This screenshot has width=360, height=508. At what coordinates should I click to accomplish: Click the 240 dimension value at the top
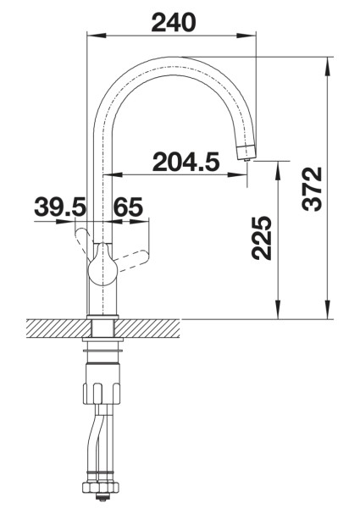[x=173, y=22]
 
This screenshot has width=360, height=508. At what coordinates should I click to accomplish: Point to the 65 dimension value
[x=127, y=207]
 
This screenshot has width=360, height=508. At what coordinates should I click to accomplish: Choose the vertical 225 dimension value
[x=262, y=240]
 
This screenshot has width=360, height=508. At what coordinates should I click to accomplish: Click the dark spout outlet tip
[x=246, y=152]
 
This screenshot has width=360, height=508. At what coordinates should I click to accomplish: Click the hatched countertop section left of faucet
[x=55, y=326]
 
